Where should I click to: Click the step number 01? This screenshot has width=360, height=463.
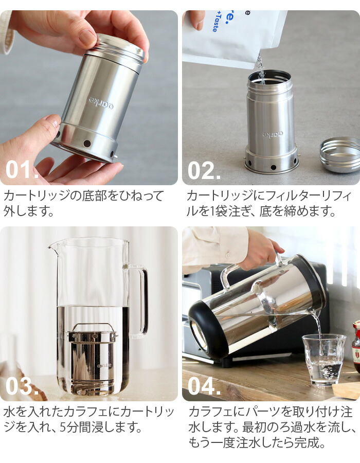coord(22,170)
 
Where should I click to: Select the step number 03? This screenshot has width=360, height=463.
coord(22,386)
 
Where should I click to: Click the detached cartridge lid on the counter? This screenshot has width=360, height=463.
coord(339,154)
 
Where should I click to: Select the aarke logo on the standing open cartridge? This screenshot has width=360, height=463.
coord(273,135)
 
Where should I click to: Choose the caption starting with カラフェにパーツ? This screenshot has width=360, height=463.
coord(271,427)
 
